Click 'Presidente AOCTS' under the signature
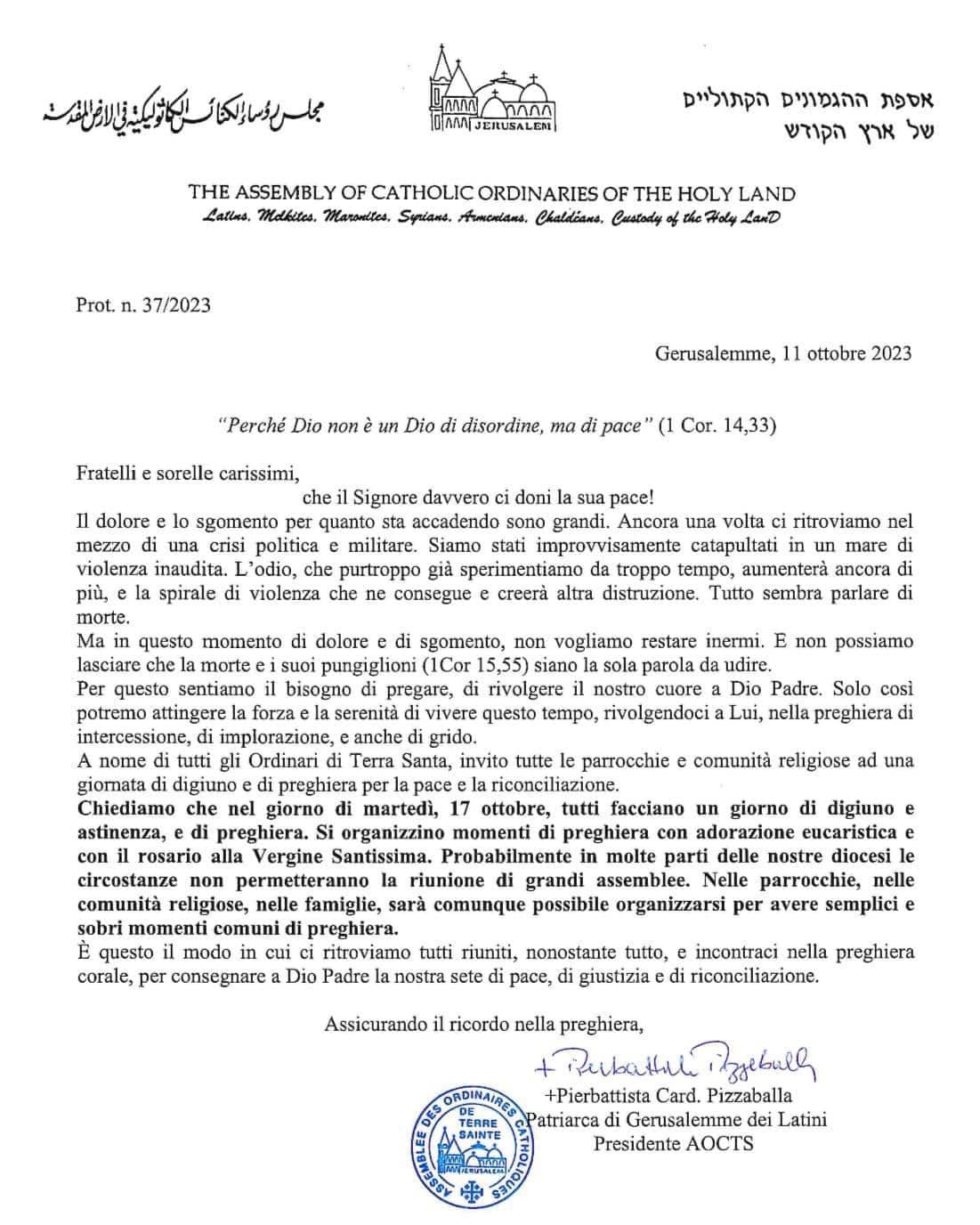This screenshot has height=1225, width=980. (674, 1143)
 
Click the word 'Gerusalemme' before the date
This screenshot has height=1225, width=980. (715, 353)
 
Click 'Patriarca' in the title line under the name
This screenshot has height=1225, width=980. (567, 1119)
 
